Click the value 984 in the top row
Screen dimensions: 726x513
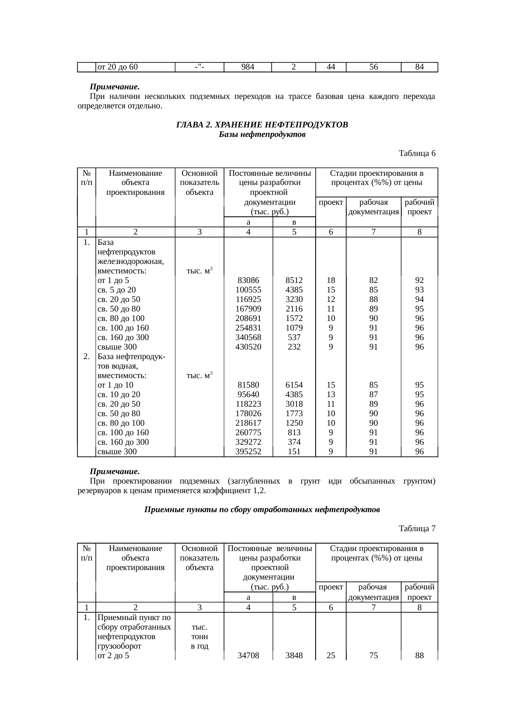click(247, 67)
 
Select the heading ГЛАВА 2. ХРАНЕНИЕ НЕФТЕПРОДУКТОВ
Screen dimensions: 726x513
click(262, 125)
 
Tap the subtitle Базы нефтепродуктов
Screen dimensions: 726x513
click(262, 134)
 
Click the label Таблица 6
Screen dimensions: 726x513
click(417, 153)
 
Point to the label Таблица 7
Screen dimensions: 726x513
click(417, 529)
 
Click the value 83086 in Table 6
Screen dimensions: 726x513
click(248, 280)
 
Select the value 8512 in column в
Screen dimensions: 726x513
click(294, 280)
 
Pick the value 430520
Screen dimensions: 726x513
click(248, 347)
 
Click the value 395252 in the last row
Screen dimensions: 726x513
click(248, 452)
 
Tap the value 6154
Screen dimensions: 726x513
click(294, 385)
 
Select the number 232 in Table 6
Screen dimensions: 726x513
click(294, 347)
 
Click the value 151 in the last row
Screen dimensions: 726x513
click(294, 452)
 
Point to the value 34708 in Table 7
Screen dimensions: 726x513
click(248, 656)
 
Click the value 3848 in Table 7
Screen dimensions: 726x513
click(294, 656)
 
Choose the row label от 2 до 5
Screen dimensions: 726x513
click(113, 656)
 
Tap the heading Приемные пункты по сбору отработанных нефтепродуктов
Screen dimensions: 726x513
click(262, 510)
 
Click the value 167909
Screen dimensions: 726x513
click(248, 309)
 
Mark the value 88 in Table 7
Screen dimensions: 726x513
click(420, 656)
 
